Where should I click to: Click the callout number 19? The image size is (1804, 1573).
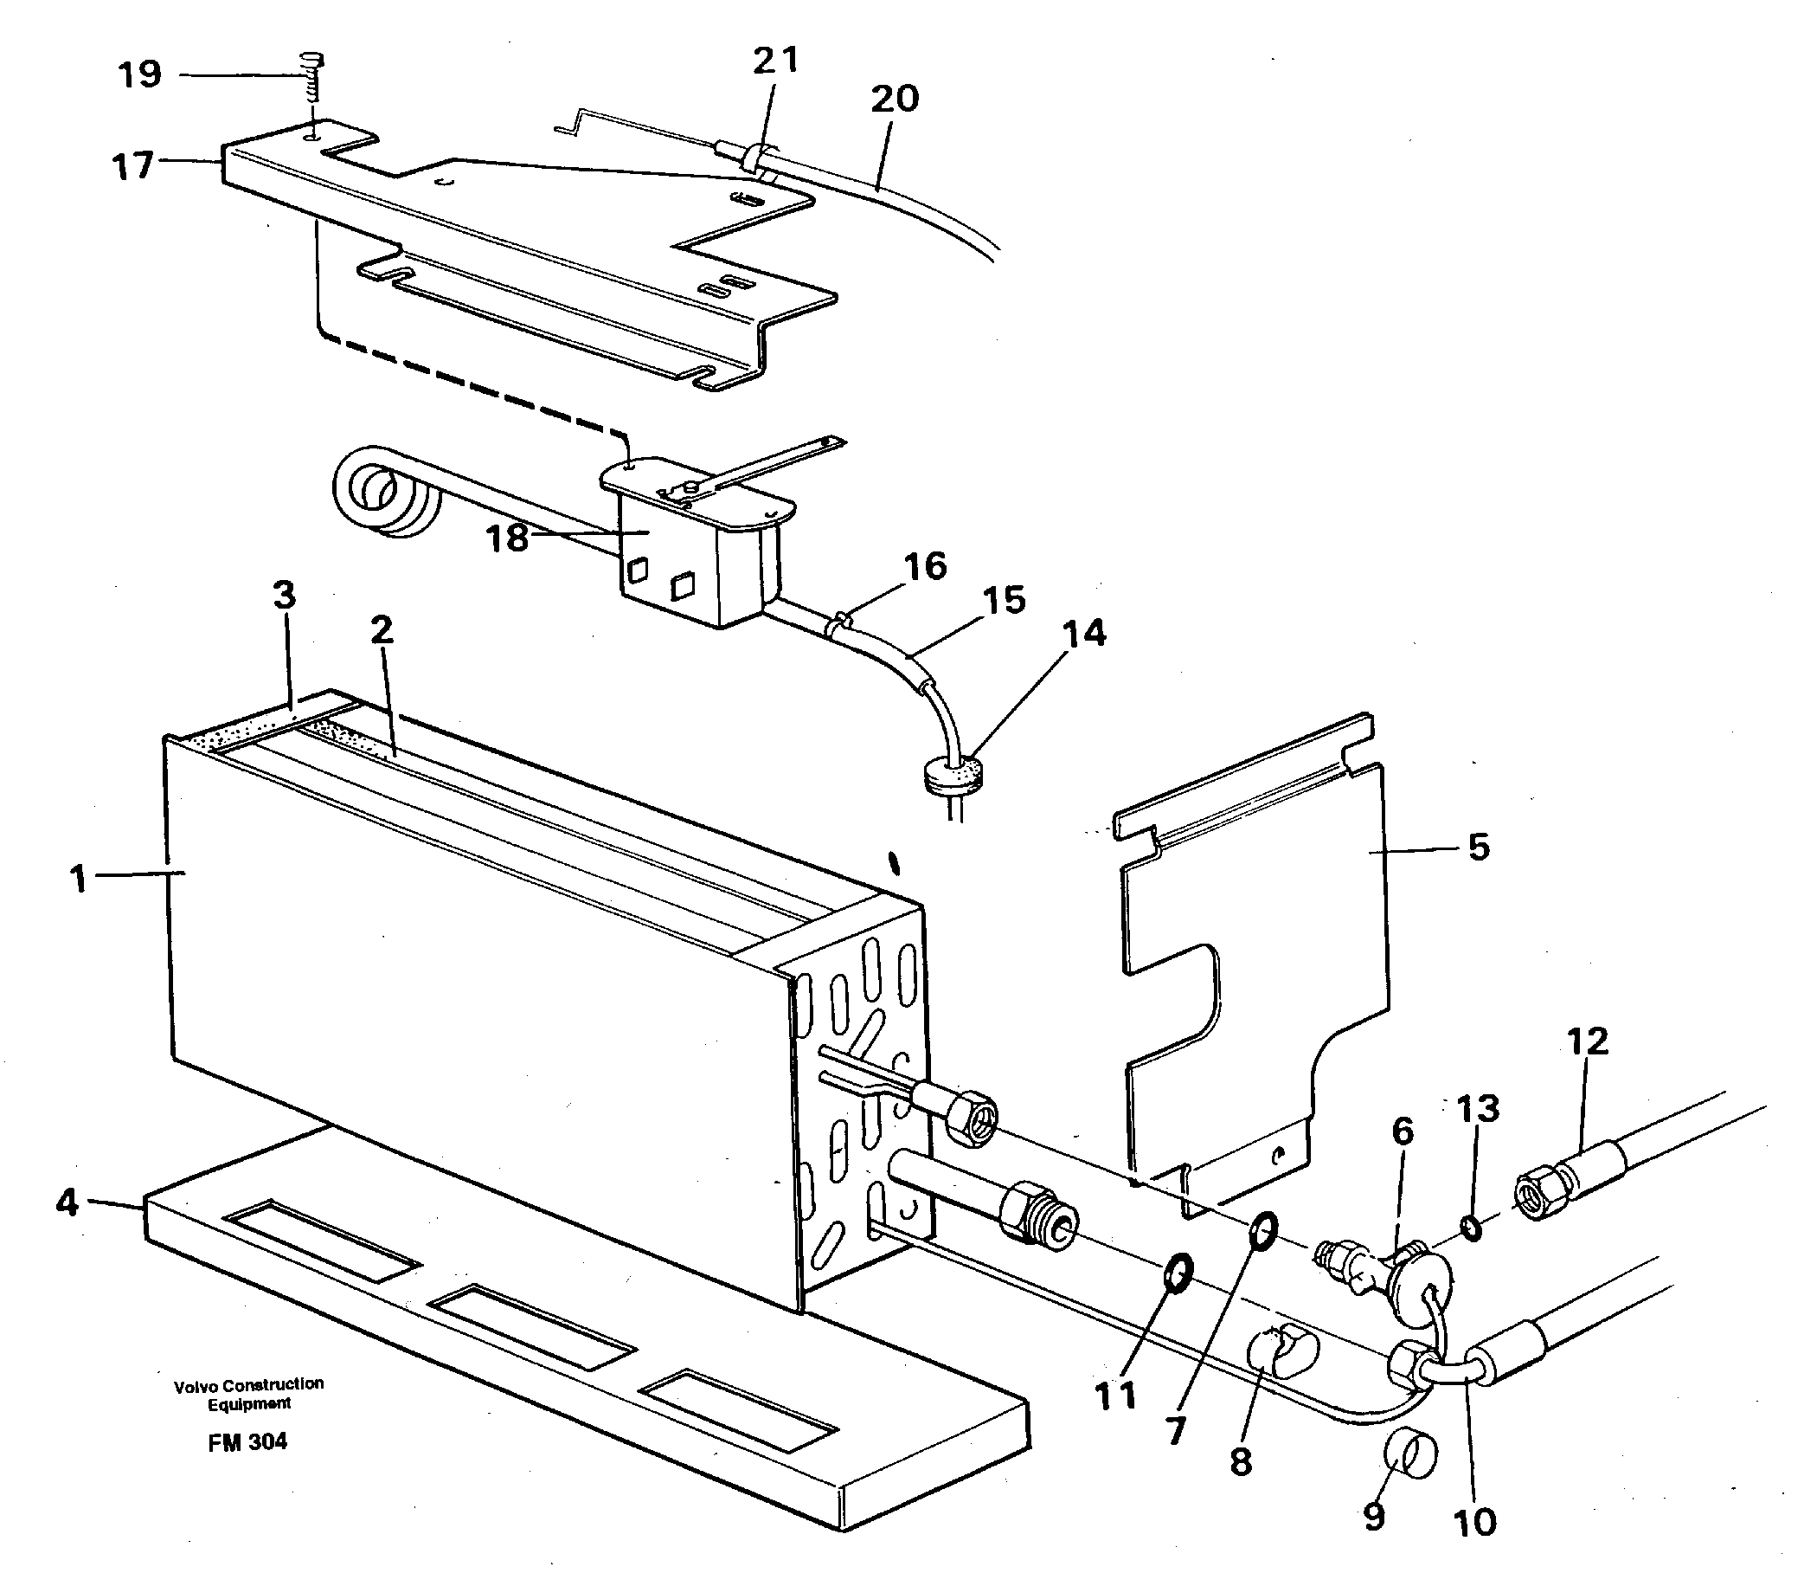tap(140, 74)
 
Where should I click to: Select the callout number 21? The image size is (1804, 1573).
tap(775, 60)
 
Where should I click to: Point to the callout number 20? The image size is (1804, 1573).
tap(894, 99)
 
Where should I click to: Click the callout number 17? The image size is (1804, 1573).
tap(132, 165)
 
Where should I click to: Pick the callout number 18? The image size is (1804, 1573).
tap(507, 538)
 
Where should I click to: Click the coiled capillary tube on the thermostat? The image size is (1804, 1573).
tap(379, 493)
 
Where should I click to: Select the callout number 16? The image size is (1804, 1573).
tap(925, 566)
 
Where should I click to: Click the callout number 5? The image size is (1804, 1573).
tap(1479, 848)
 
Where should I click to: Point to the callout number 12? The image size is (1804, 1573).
tap(1588, 1041)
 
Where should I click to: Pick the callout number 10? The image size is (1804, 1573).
tap(1475, 1523)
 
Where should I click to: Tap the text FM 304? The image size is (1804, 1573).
tap(247, 1442)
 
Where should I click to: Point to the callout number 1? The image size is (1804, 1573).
tap(80, 878)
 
